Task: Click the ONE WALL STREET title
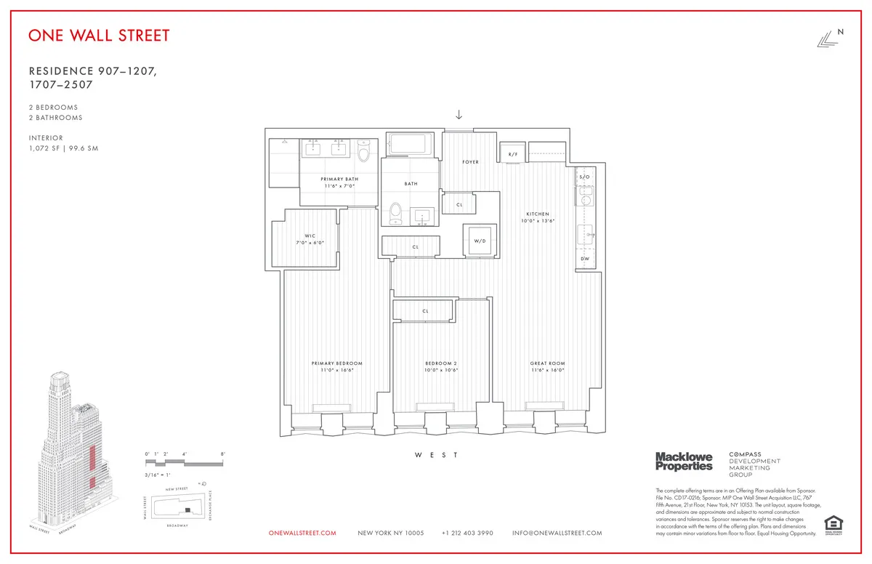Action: click(x=100, y=36)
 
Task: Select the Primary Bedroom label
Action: click(x=336, y=363)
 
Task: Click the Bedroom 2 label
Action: click(x=441, y=363)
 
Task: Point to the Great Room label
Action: click(x=547, y=363)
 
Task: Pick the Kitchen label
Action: click(x=538, y=214)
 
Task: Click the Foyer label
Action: click(x=471, y=162)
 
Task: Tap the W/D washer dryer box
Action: click(x=480, y=241)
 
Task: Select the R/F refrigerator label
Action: click(x=512, y=154)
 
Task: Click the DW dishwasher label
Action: click(x=585, y=259)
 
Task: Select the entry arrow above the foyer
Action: click(x=459, y=114)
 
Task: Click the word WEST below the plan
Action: click(x=436, y=455)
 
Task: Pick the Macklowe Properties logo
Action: click(x=684, y=461)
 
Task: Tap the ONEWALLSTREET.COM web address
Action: click(x=302, y=533)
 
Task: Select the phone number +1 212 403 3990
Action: click(x=467, y=533)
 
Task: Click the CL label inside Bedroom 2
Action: click(x=425, y=311)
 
